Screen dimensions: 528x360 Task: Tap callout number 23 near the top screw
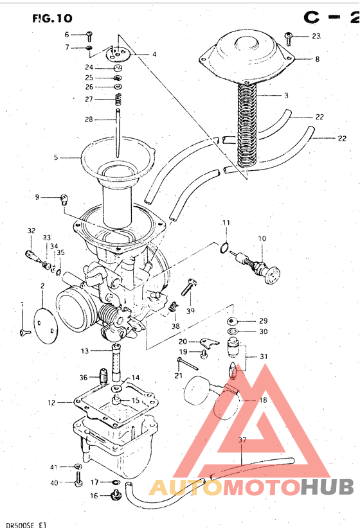(x=316, y=37)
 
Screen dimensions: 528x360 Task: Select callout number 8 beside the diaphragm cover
(x=316, y=59)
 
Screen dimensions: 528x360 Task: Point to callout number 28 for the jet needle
(x=89, y=119)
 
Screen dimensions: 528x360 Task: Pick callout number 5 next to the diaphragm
(x=56, y=157)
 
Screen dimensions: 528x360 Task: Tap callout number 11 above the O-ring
(x=226, y=223)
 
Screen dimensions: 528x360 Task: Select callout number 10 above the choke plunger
(x=262, y=239)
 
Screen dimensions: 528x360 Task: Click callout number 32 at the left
(x=31, y=231)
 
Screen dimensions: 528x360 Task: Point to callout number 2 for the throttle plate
(x=42, y=286)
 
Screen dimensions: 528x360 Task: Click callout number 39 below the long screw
(x=190, y=311)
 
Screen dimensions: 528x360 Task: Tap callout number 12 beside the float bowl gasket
(x=51, y=403)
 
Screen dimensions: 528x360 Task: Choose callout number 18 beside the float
(x=262, y=400)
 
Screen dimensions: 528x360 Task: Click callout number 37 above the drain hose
(x=242, y=441)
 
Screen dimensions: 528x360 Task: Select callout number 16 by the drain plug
(x=94, y=495)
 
